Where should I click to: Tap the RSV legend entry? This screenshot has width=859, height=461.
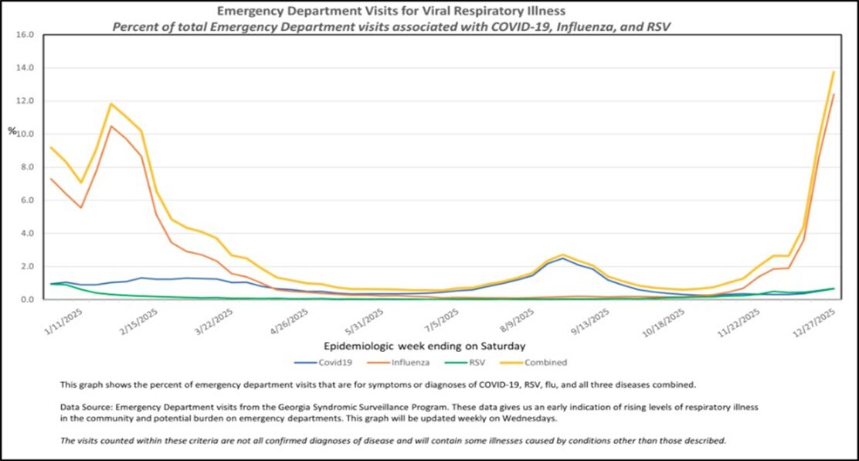[471, 362]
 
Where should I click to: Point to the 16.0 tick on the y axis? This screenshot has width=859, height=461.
[25, 35]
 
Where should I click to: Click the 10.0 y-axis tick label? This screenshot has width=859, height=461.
[25, 134]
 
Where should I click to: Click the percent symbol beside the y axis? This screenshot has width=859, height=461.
[12, 131]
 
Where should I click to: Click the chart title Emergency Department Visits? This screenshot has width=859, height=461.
[391, 11]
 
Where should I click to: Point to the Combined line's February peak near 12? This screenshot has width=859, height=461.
[111, 104]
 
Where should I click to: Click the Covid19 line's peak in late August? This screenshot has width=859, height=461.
[563, 258]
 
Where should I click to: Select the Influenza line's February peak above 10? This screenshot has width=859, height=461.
[111, 126]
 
